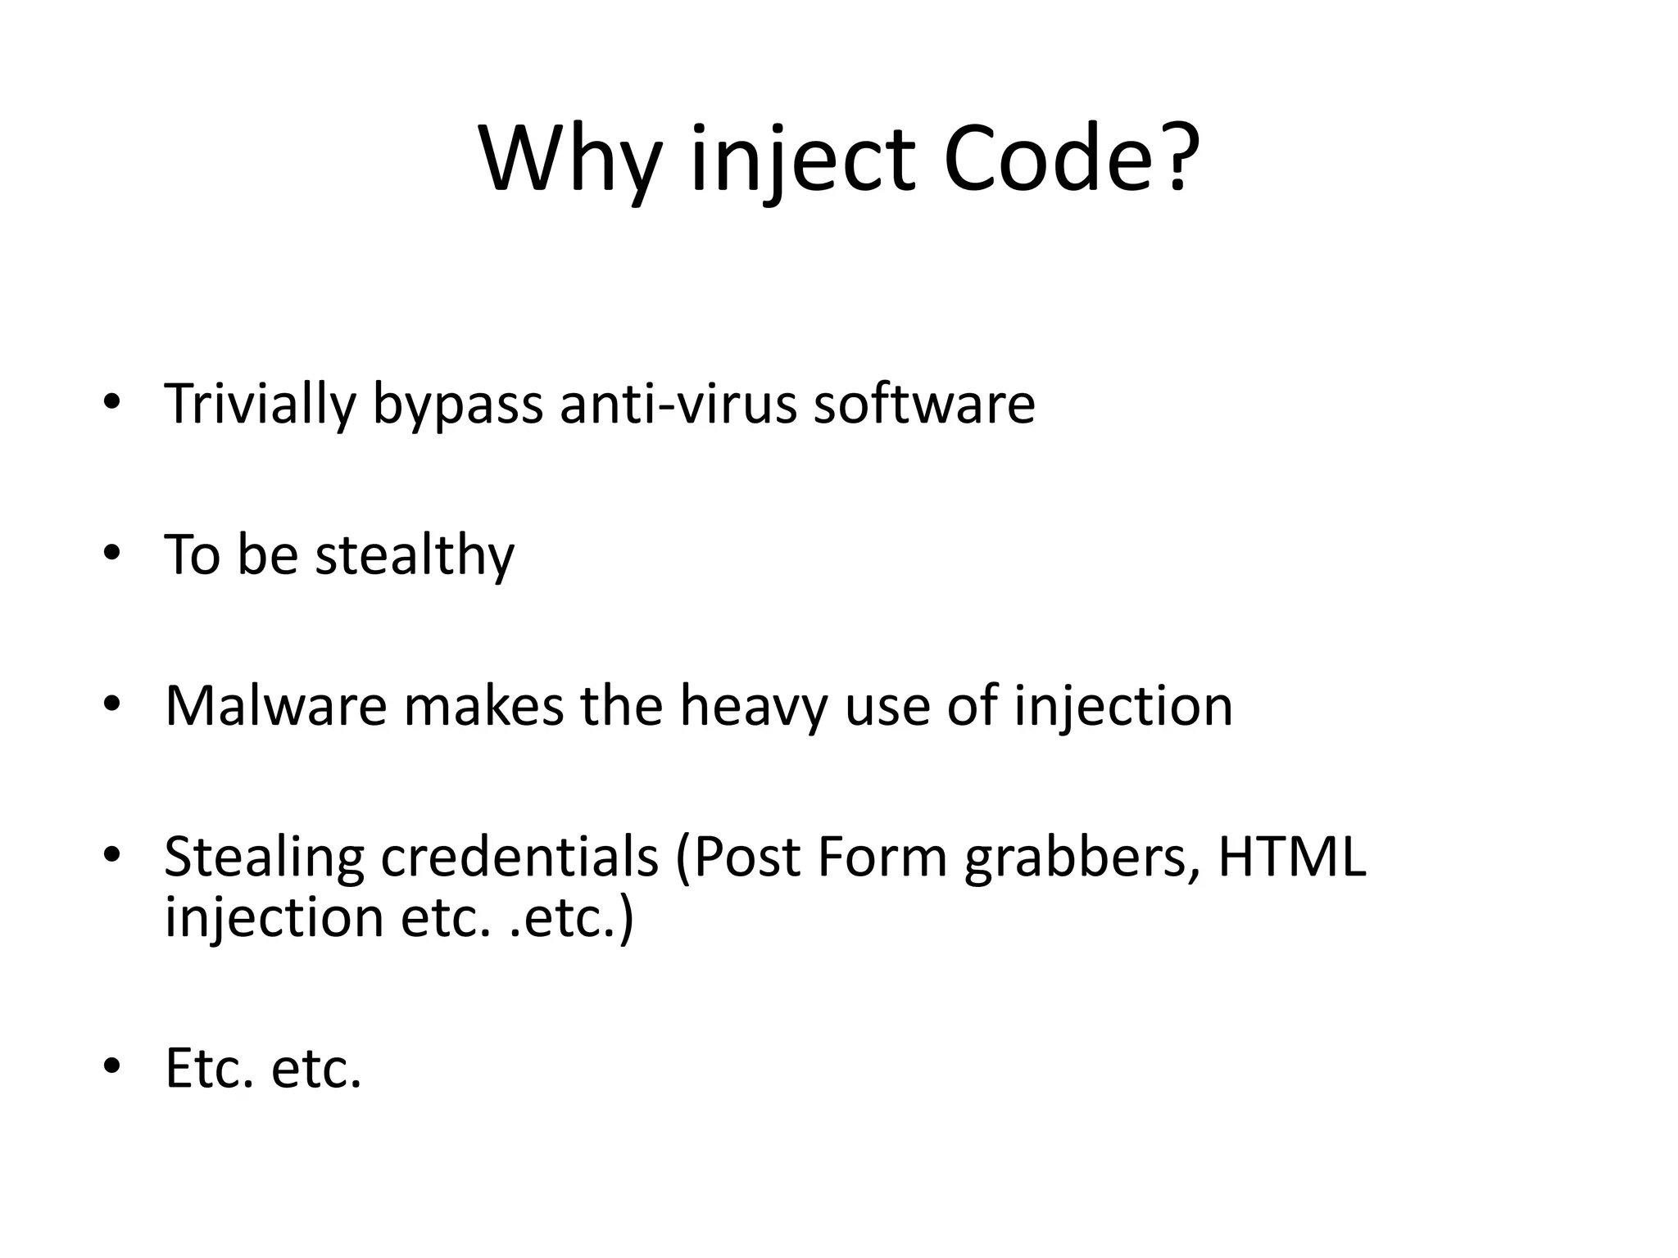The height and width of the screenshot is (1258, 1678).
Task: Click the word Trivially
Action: (x=260, y=405)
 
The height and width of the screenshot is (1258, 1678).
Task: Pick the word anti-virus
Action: (x=678, y=403)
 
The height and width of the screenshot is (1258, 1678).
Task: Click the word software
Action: (x=923, y=403)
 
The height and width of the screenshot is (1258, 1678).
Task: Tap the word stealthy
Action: (x=415, y=556)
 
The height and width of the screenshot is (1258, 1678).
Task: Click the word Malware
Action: (x=275, y=705)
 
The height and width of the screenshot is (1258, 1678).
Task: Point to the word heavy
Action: (x=753, y=707)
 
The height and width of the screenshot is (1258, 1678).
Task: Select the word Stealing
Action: (x=264, y=858)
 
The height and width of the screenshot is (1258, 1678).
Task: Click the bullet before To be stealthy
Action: (x=112, y=553)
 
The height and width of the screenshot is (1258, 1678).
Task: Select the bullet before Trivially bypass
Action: (x=112, y=401)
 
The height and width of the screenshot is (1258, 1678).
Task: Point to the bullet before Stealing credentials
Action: (x=112, y=854)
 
